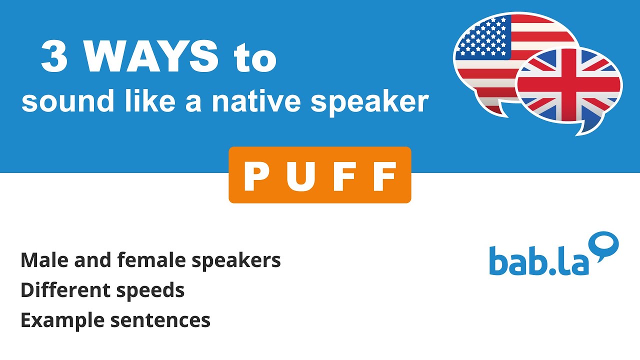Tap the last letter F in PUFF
pos(384,177)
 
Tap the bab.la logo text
pos(539,260)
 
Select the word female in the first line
pos(144,260)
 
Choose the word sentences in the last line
pos(160,320)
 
